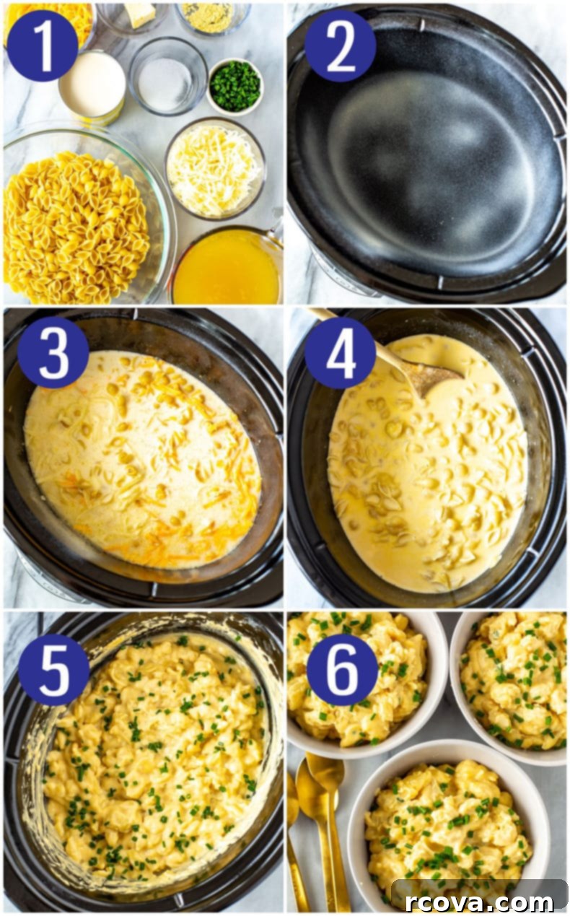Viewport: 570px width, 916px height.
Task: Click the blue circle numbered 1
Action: pyautogui.click(x=43, y=45)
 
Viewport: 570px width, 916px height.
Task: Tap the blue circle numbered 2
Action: pyautogui.click(x=341, y=45)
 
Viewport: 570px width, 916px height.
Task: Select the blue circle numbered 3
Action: pyautogui.click(x=53, y=352)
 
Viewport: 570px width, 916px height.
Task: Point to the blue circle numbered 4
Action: pyautogui.click(x=341, y=352)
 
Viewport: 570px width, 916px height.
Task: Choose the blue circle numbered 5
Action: pyautogui.click(x=53, y=670)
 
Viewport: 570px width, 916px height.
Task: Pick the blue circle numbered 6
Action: pyautogui.click(x=342, y=670)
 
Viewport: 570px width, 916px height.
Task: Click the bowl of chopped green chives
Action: pyautogui.click(x=235, y=87)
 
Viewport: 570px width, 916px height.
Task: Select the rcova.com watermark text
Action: pyautogui.click(x=479, y=902)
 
